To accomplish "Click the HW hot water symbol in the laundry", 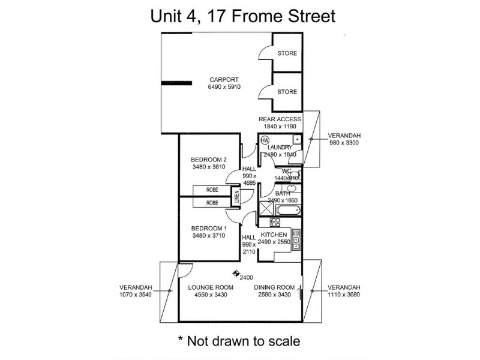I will pyautogui.click(x=265, y=141).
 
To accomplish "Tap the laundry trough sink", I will pyautogui.click(x=296, y=140).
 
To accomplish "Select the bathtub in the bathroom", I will pyautogui.click(x=289, y=210).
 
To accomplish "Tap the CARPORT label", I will pyautogui.click(x=224, y=80).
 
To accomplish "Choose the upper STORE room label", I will pyautogui.click(x=287, y=53).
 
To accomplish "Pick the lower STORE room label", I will pyautogui.click(x=287, y=92).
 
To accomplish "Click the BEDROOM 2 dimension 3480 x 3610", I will pyautogui.click(x=208, y=167).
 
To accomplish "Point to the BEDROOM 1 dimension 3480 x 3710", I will pyautogui.click(x=209, y=236).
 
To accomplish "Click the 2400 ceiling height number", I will pyautogui.click(x=246, y=277).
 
